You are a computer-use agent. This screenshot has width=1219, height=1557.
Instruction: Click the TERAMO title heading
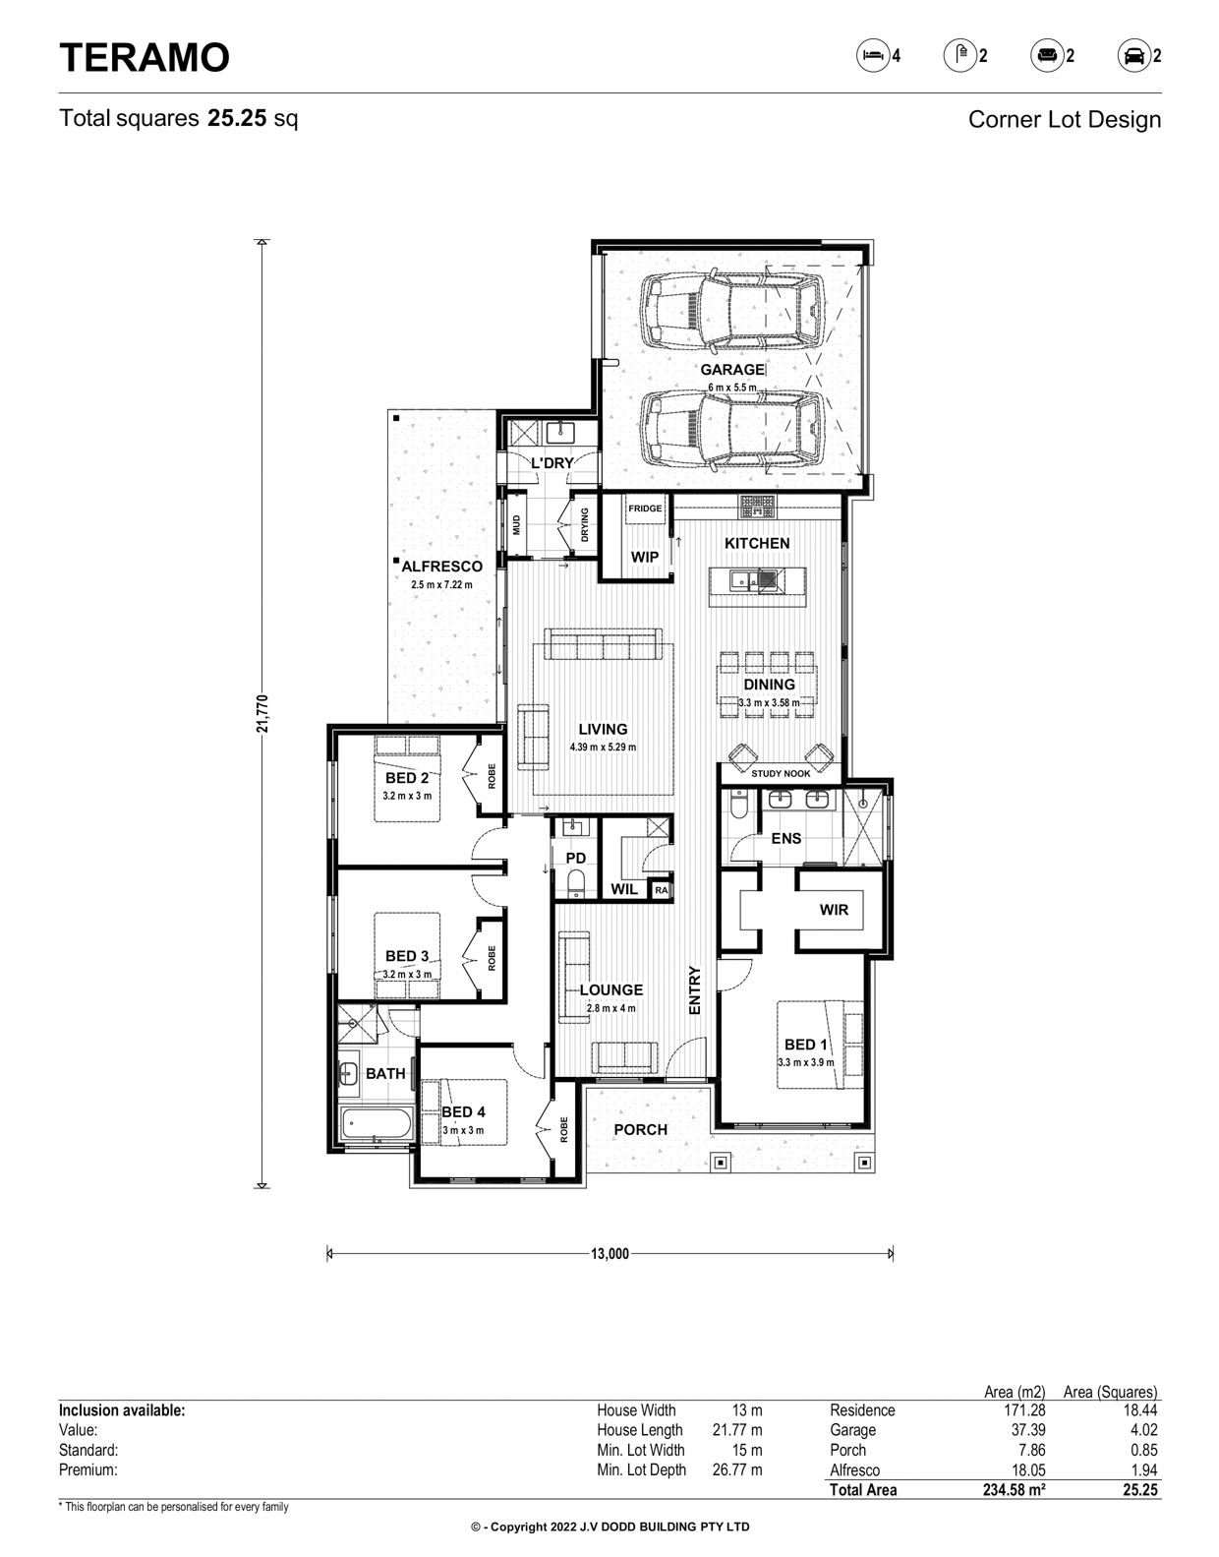point(144,57)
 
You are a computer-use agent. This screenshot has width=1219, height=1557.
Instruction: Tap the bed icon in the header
point(873,55)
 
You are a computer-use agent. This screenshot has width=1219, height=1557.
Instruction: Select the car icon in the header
point(1133,55)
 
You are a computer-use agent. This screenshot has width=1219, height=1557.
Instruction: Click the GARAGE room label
point(731,370)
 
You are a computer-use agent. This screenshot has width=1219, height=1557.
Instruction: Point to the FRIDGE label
point(645,509)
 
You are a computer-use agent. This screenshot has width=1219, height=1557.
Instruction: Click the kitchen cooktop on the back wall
point(758,508)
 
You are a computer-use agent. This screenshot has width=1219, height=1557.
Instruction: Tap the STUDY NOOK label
point(781,774)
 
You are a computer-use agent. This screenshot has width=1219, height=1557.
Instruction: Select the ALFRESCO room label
point(441,567)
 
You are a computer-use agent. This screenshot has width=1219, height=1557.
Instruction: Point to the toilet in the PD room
point(576,883)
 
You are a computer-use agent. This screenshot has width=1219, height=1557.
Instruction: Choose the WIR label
point(834,910)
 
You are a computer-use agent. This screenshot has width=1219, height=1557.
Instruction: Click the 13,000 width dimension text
point(609,1254)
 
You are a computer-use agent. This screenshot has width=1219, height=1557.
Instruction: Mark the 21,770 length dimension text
point(262,714)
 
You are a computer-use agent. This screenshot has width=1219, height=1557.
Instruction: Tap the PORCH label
point(641,1130)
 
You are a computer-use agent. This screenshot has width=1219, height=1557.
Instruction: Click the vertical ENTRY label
point(694,990)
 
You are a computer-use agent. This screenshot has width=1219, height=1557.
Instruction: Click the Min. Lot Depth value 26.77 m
point(737,1469)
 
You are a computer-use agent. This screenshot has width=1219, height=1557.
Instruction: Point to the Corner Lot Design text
point(1065,120)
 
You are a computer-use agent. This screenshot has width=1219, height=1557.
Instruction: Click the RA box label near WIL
point(661,891)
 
